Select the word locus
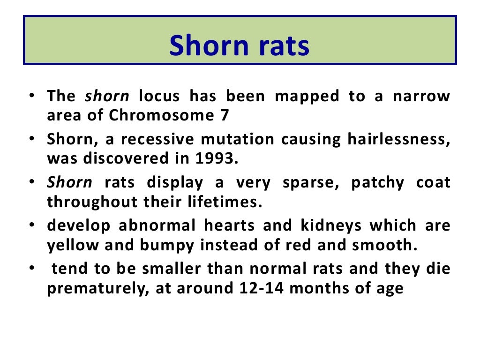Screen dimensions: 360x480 [x=159, y=96]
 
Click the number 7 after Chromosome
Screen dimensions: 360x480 [x=225, y=115]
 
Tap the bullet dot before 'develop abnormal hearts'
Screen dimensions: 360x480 [x=30, y=225]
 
